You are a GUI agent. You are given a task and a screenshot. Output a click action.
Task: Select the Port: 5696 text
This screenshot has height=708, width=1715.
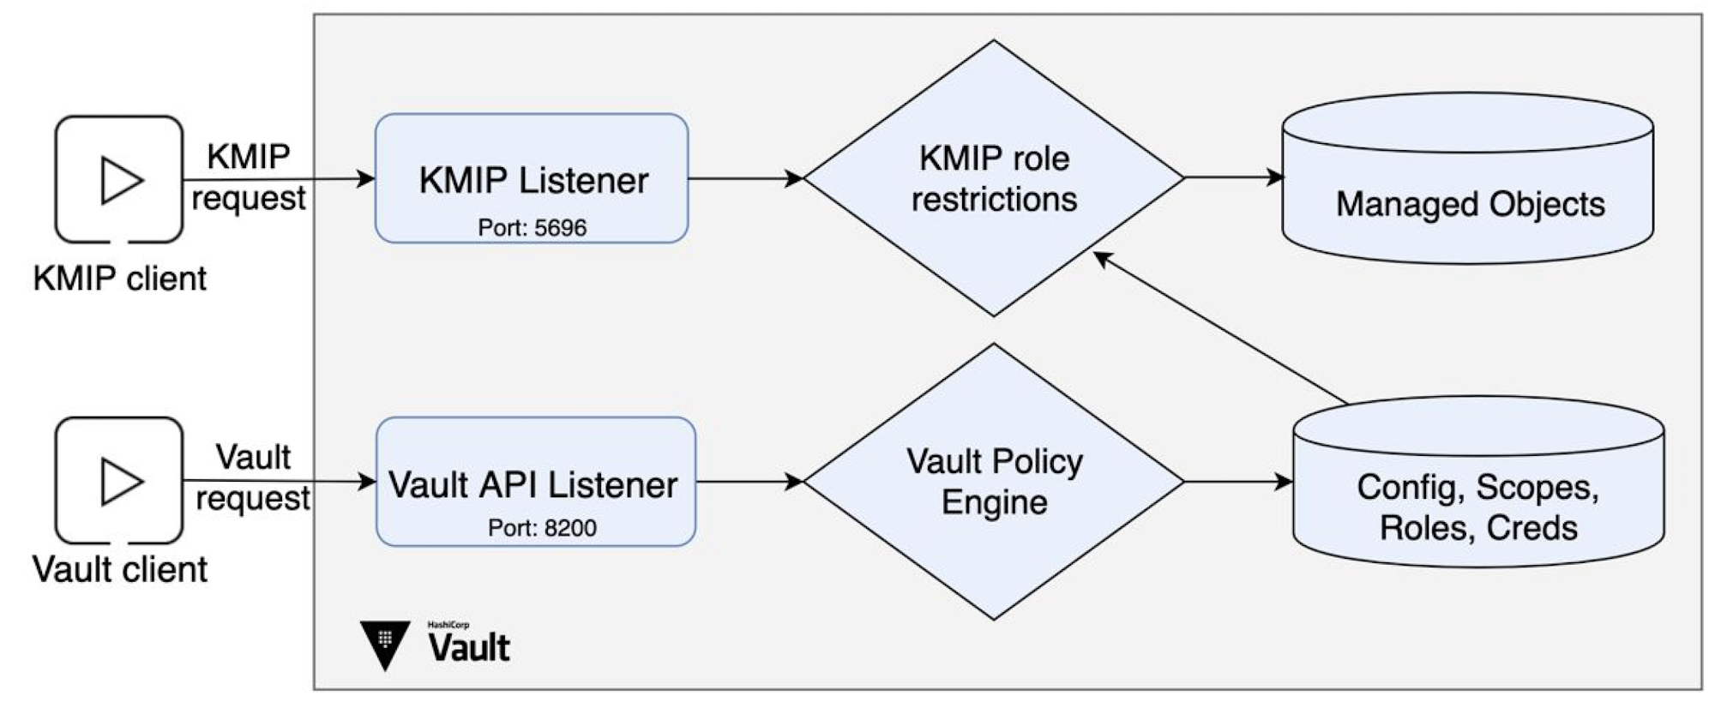(x=532, y=228)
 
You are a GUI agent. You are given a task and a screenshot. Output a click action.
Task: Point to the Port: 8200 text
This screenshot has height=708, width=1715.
(x=542, y=528)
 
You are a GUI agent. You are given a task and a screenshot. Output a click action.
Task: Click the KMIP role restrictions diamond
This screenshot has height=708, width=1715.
(x=994, y=178)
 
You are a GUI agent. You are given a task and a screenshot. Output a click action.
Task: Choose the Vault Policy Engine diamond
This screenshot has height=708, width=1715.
(x=994, y=482)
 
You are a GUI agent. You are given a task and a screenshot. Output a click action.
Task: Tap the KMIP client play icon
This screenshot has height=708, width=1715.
(x=120, y=180)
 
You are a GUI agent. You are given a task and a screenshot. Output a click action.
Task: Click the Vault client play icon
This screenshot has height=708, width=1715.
(x=120, y=481)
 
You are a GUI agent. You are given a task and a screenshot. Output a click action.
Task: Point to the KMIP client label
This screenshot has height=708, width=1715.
(x=120, y=279)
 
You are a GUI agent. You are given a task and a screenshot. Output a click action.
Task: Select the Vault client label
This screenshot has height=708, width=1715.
(x=120, y=570)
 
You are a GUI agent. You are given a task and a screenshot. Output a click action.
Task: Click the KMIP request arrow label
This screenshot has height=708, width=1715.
(x=249, y=177)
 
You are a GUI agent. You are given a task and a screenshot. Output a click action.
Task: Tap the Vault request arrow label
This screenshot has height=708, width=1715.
(x=253, y=477)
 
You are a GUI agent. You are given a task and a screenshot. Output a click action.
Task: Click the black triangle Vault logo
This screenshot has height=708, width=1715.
(x=385, y=644)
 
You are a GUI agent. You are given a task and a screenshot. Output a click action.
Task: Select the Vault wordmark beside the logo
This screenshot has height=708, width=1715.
(x=469, y=646)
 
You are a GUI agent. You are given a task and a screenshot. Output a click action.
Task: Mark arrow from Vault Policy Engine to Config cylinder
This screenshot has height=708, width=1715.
(x=1238, y=482)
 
